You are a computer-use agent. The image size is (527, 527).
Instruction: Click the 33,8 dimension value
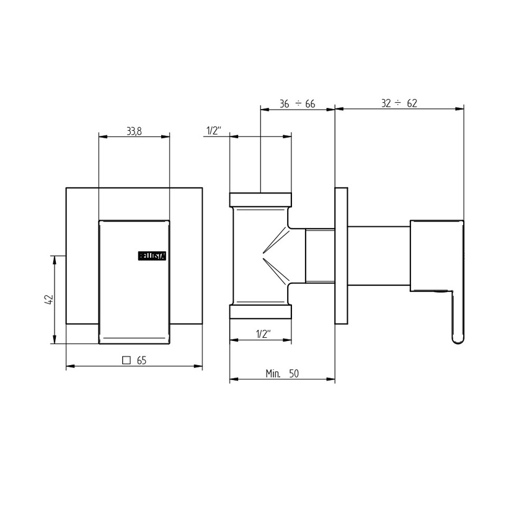[134, 131]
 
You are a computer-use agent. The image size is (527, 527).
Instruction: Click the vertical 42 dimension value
[50, 299]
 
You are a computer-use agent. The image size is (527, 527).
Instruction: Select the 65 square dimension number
[141, 360]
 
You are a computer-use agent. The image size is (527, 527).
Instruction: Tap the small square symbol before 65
[127, 360]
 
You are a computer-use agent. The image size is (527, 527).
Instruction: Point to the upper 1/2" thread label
[213, 131]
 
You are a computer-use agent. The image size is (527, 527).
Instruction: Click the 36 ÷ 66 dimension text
[297, 104]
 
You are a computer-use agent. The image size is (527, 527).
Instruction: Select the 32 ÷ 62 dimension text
[399, 104]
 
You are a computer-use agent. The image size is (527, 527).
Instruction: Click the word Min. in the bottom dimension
[273, 373]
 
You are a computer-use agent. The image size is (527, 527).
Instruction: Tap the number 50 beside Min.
[294, 373]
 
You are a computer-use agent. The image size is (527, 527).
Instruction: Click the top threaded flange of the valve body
[260, 200]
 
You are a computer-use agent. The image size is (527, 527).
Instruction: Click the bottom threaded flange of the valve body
[260, 312]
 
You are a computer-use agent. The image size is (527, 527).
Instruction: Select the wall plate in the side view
[340, 255]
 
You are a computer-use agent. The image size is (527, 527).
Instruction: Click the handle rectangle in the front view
[134, 281]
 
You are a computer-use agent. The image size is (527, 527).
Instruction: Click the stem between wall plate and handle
[378, 255]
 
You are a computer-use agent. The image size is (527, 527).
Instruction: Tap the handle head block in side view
[436, 254]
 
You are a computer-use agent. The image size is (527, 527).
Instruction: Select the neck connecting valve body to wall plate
[320, 255]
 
